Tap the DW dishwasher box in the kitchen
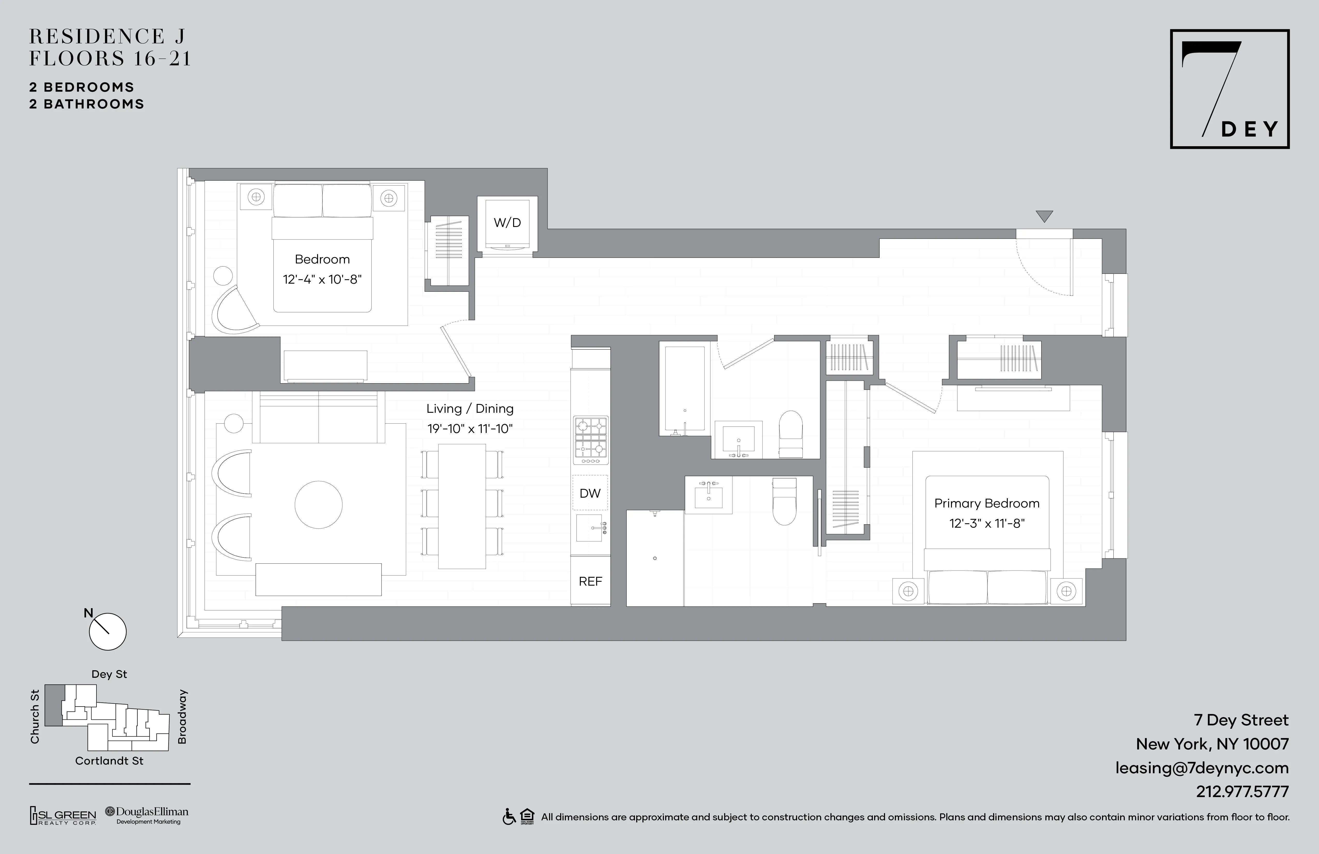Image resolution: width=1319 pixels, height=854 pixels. coord(590,493)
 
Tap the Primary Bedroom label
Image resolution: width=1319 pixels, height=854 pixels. coord(986,503)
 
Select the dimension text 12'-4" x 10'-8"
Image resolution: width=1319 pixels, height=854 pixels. coord(322,279)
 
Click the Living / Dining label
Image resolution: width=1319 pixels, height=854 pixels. coord(469,409)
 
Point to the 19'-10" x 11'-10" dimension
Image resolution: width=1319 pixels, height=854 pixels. coord(469,429)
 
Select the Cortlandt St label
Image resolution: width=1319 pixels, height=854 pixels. coord(109,761)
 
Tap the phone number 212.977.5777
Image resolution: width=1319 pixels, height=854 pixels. coord(1242,791)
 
